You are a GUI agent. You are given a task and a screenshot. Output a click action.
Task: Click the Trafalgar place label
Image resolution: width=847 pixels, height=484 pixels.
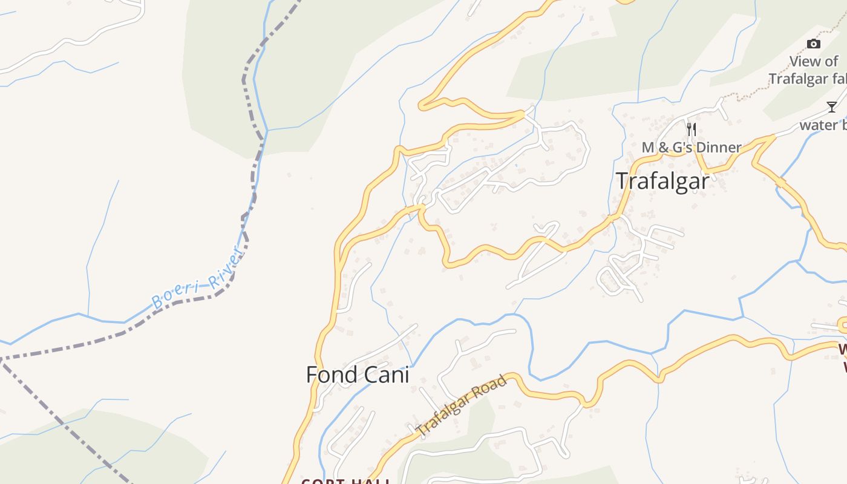(662, 181)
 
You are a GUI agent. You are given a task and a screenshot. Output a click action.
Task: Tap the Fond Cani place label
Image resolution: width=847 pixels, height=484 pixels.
(358, 375)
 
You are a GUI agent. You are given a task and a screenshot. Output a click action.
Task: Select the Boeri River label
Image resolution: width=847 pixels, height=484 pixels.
(197, 280)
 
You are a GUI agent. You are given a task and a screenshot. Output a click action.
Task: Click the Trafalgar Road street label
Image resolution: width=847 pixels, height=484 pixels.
(462, 407)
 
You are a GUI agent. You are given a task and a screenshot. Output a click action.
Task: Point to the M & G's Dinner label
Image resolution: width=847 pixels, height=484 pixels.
(692, 148)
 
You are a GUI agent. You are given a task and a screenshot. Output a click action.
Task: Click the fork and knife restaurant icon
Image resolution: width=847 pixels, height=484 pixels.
(692, 129)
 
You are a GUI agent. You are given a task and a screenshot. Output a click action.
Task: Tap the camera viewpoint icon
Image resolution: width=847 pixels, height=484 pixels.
(814, 44)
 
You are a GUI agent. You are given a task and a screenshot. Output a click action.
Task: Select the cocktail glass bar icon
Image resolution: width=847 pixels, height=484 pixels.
(832, 107)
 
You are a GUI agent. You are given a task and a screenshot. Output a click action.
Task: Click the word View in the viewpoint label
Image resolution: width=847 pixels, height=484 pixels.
(806, 62)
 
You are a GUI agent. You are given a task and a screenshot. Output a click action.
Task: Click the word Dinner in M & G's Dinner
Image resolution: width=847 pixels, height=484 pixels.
(718, 148)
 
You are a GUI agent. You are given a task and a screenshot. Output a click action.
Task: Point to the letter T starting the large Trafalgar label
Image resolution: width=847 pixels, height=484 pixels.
(621, 181)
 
